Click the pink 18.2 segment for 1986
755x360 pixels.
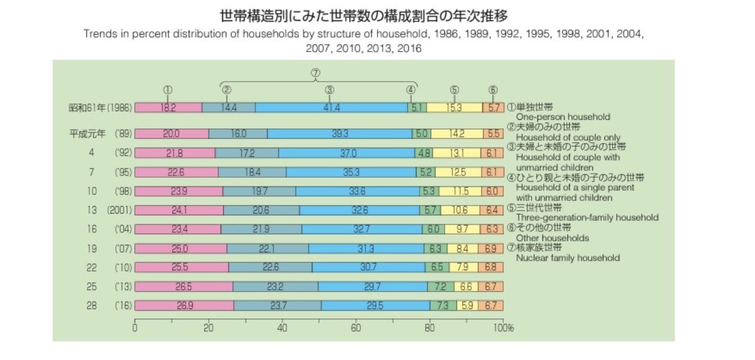click(x=168, y=108)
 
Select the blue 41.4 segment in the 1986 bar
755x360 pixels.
click(x=331, y=108)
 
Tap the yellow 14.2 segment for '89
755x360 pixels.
click(x=456, y=133)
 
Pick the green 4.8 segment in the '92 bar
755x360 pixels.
click(x=424, y=153)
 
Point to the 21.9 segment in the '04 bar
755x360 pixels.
click(x=261, y=229)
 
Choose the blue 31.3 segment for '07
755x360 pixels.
click(x=366, y=248)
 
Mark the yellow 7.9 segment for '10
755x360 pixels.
click(x=463, y=267)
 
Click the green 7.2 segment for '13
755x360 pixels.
click(x=437, y=286)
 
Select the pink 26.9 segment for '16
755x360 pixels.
click(x=184, y=306)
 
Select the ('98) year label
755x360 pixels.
click(x=124, y=191)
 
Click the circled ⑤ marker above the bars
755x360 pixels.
click(x=455, y=90)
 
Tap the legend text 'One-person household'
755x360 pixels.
click(x=563, y=117)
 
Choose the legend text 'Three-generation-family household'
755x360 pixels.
click(x=587, y=218)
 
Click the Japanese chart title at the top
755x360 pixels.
click(x=364, y=15)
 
